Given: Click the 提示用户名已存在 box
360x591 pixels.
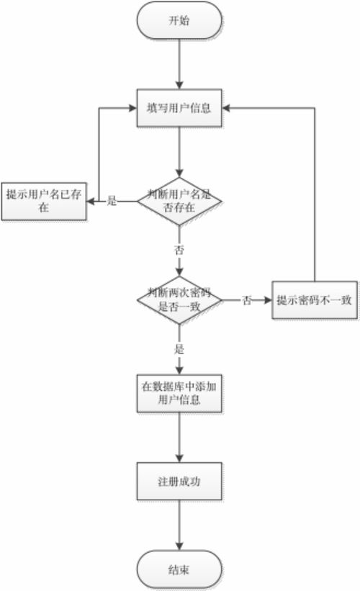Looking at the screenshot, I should coord(43,201).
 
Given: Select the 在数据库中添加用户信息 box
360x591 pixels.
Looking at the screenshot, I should coord(181,393).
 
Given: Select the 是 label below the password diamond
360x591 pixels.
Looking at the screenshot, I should coord(179,349).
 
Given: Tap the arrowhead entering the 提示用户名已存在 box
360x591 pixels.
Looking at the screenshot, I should coord(91,202).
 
